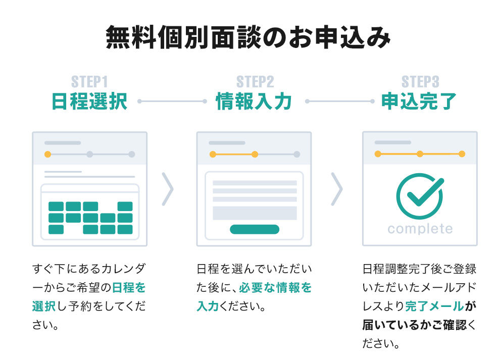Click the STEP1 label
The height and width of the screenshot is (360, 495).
point(89,82)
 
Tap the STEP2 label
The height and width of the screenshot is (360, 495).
point(255,82)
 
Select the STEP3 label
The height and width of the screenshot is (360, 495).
point(420,82)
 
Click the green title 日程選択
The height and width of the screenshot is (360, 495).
point(89,101)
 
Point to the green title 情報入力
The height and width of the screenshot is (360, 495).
point(254,101)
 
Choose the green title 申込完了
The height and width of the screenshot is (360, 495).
point(419,101)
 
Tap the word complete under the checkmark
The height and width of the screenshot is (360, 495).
point(420,229)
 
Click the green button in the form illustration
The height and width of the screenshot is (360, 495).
point(254,229)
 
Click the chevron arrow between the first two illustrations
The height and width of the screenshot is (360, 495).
point(168,189)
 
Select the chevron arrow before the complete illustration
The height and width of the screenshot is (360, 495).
point(336,189)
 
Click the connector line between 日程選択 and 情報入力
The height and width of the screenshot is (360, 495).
point(172,101)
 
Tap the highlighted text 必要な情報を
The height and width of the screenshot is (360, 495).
point(275,288)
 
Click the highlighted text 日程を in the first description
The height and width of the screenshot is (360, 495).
point(128,288)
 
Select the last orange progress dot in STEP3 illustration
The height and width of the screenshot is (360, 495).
point(461,154)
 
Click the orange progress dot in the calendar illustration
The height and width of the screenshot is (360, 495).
point(47,154)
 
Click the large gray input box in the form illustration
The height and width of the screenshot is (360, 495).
point(254,213)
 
